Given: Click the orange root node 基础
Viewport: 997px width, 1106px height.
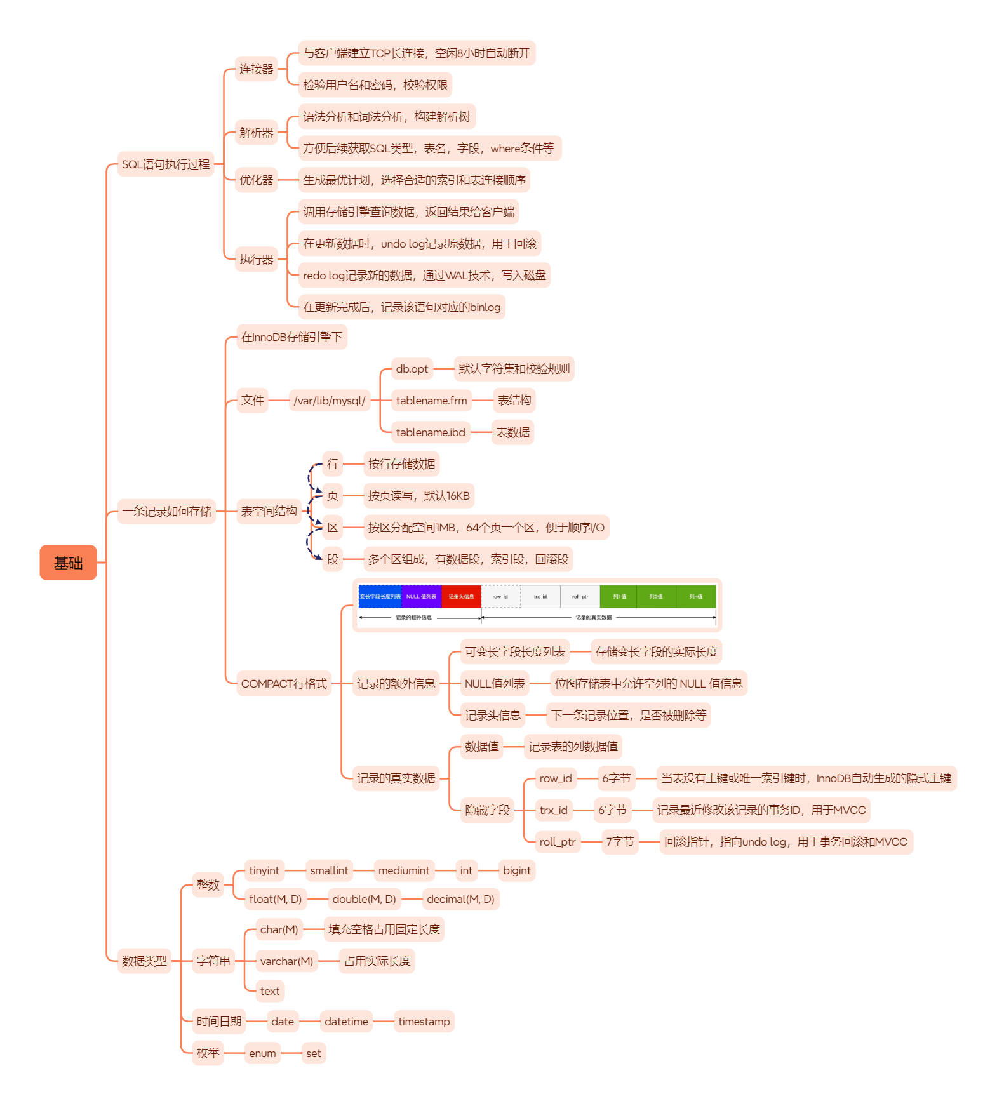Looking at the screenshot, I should pos(68,563).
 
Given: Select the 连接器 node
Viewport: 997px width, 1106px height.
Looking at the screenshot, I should pos(256,69).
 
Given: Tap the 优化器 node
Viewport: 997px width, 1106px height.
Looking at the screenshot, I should pos(256,180).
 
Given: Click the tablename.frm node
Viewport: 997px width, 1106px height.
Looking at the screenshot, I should pos(431,401).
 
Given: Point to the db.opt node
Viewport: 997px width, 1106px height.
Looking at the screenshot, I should pos(412,369).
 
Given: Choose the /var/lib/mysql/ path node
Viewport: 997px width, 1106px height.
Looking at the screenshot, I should pos(329,401).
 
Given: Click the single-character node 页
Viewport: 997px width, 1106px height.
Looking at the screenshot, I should pos(333,496).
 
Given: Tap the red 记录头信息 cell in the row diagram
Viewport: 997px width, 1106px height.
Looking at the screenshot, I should pos(461,597).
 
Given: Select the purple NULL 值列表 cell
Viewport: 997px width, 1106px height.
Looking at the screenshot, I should pos(421,597).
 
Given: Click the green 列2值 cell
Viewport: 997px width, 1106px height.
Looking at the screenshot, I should pos(656,597).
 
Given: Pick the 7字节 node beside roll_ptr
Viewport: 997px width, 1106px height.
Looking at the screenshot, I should pos(620,842).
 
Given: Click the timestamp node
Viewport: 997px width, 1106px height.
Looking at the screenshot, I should pos(424,1022).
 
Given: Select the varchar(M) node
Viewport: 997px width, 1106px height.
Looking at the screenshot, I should pos(286,961).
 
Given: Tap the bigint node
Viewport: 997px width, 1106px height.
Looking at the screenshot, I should pos(516,870).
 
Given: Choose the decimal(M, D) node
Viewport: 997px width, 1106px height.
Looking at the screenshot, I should pos(460,899).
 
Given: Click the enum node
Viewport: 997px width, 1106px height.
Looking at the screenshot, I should pos(262,1053).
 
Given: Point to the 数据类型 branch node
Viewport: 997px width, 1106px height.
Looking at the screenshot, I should pos(144,961).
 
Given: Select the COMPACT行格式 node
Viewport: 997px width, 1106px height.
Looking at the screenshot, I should pos(284,684).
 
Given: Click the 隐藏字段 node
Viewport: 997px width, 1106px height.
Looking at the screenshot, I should pos(487,810).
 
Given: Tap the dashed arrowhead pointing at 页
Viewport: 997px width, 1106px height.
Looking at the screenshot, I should pos(319,491).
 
